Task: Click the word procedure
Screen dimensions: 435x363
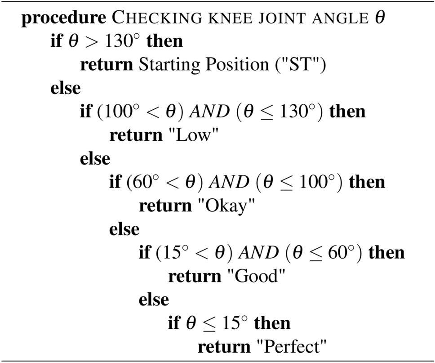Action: point(63,18)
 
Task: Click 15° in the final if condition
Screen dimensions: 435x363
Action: point(235,323)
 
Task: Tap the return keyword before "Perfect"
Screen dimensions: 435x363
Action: point(224,346)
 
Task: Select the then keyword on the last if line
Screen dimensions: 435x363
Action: point(272,323)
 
